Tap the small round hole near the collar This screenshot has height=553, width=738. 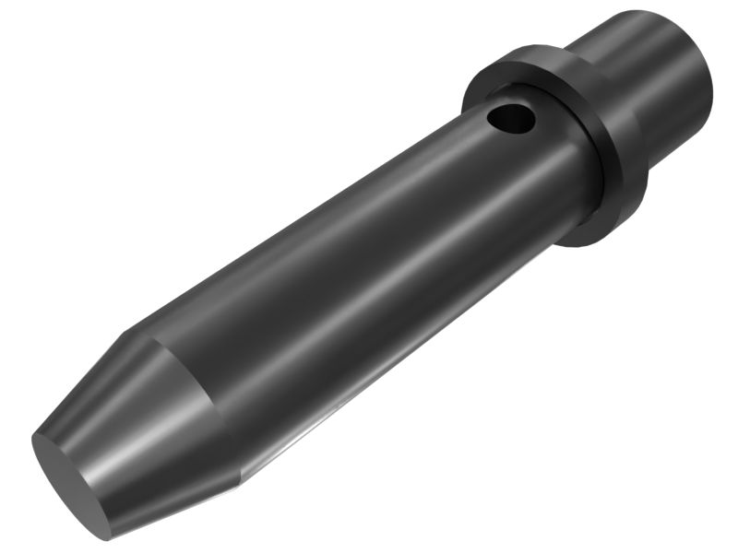point(510,118)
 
